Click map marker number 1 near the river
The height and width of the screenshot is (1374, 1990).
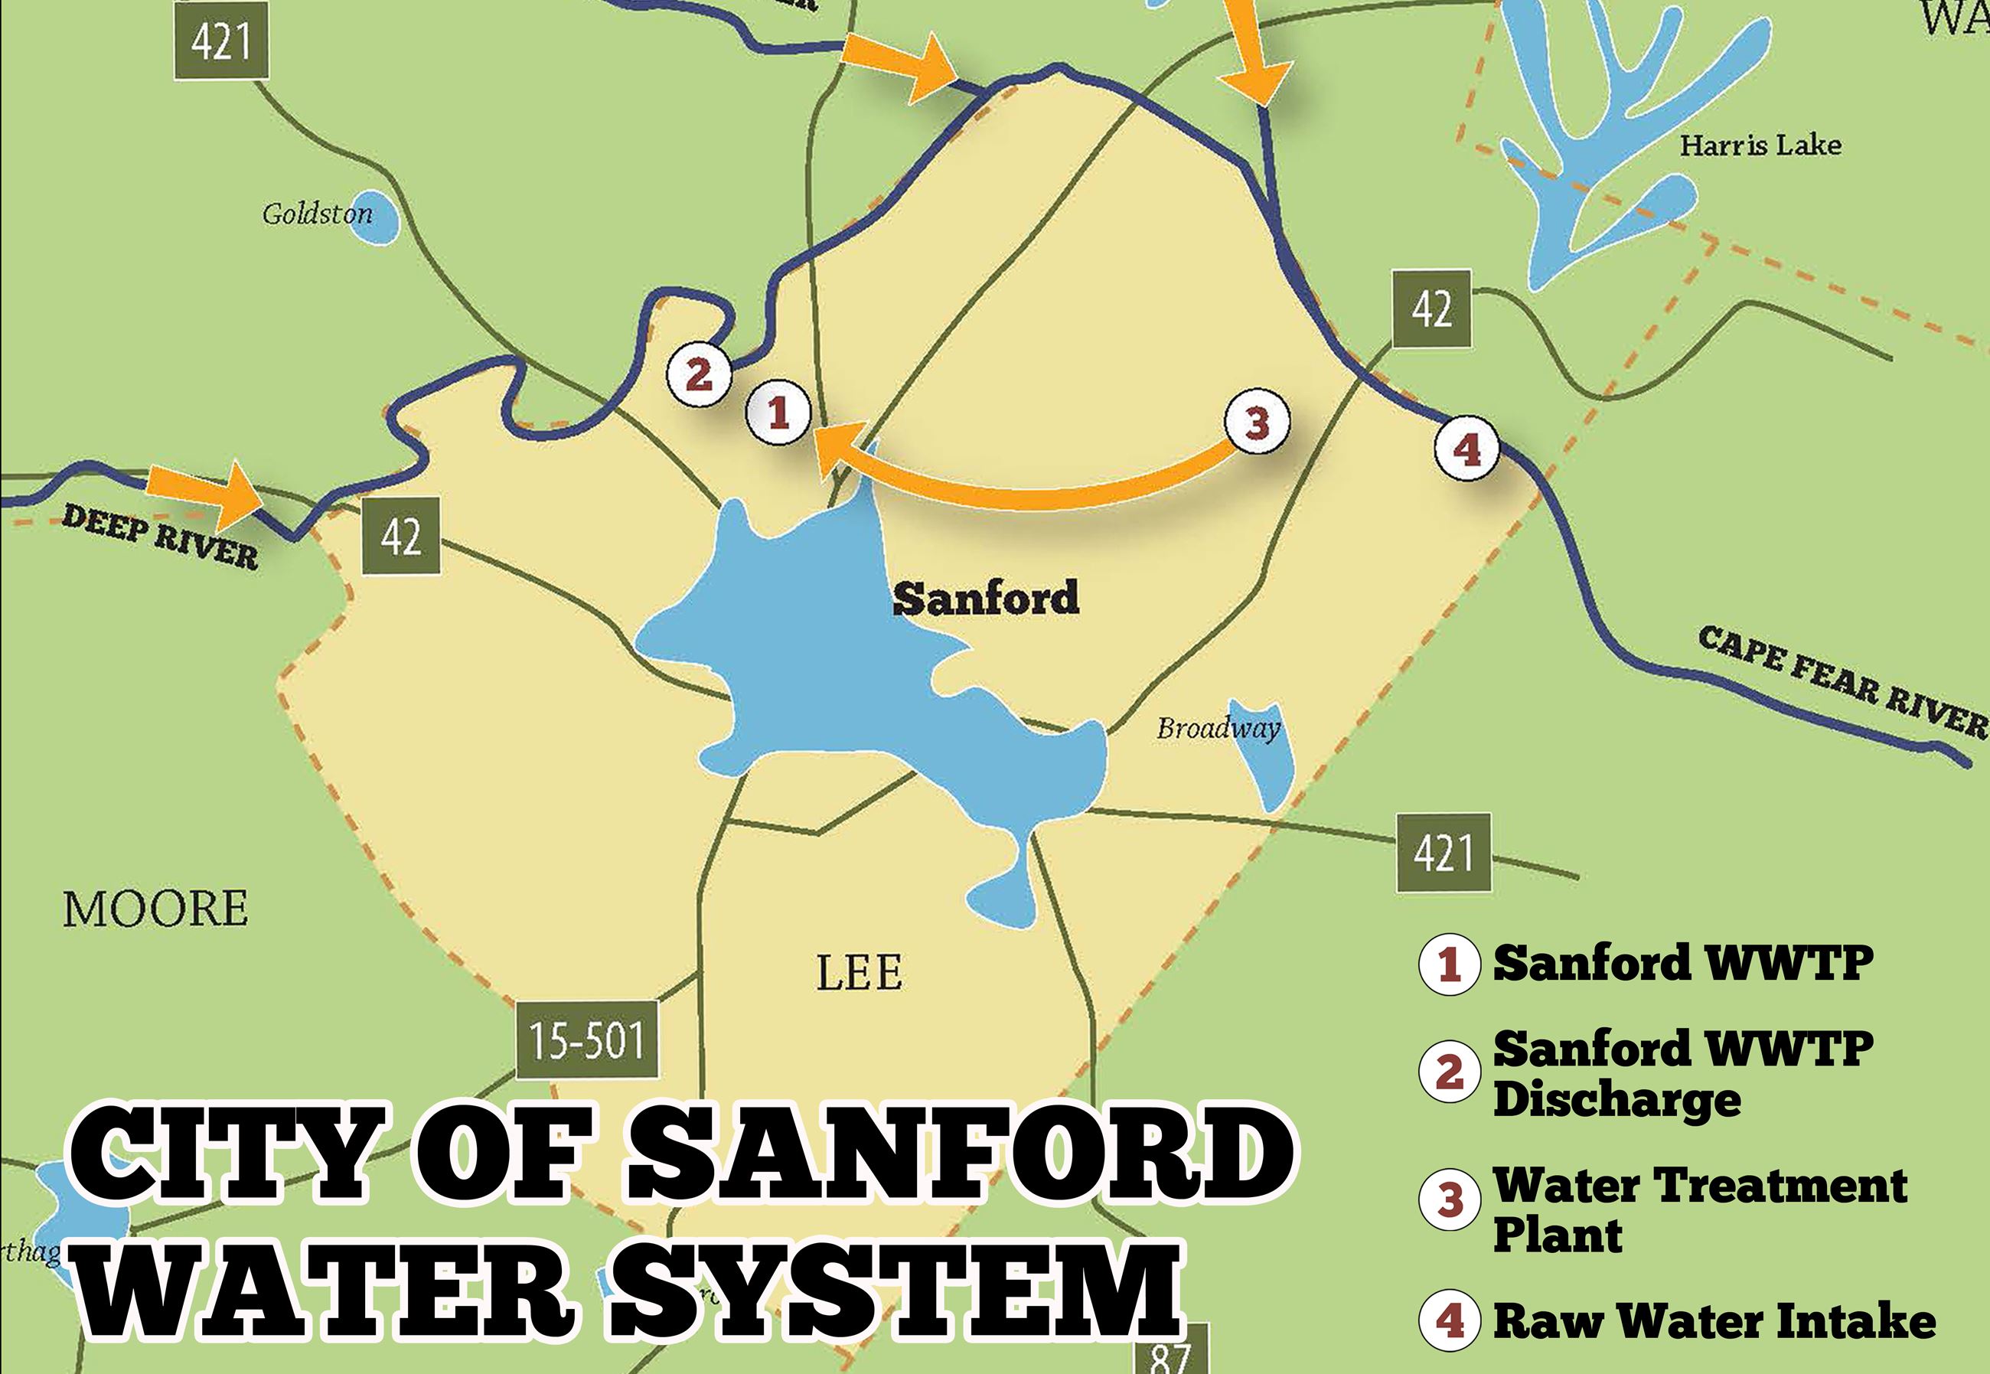coord(778,413)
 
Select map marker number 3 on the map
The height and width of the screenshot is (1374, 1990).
coord(1257,423)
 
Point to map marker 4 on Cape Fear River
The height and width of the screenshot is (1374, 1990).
coord(1466,449)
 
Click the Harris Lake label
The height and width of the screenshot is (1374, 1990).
coord(1760,145)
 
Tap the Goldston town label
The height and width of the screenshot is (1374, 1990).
coord(318,214)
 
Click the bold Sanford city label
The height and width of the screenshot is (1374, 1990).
coord(986,598)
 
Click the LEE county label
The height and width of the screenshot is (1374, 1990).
coord(859,974)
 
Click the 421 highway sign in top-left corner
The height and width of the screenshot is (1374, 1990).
coord(221,41)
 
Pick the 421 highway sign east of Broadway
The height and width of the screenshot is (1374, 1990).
coord(1443,852)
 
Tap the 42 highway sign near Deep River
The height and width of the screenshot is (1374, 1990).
coord(401,537)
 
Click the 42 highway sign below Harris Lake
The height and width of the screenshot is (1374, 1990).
coord(1431,309)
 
